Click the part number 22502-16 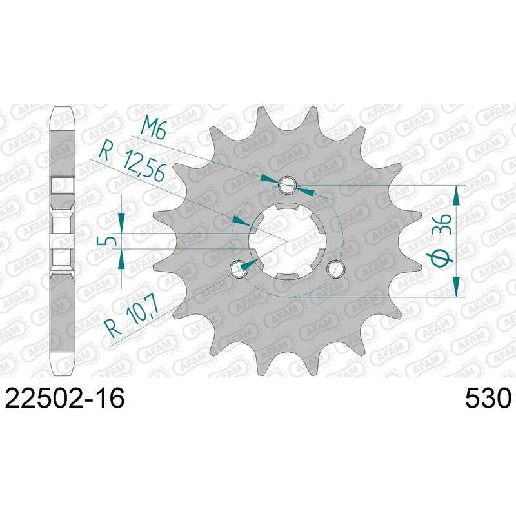(x=65, y=398)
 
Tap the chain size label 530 (x=488, y=398)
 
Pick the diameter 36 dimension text (x=444, y=239)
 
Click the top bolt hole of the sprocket (x=287, y=184)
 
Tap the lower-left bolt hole (x=238, y=268)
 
